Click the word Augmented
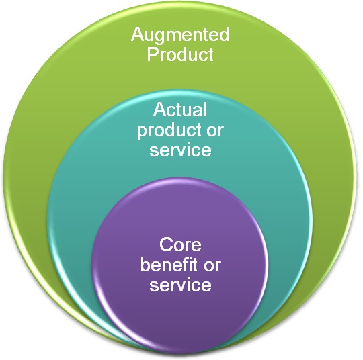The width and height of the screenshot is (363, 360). tap(180, 36)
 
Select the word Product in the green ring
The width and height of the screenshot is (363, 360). tap(180, 54)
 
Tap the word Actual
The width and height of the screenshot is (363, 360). tap(180, 109)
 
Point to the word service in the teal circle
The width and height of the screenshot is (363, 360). tap(180, 150)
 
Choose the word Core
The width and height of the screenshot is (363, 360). tap(180, 244)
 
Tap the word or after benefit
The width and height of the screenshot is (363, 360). tap(212, 266)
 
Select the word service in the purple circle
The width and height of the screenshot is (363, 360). tap(180, 285)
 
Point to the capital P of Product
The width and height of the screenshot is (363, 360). tap(153, 54)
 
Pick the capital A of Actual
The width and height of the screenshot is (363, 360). tap(160, 109)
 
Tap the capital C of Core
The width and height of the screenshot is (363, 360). tap(166, 244)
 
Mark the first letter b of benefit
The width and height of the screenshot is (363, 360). tap(145, 264)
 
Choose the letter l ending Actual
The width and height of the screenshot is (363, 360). tap(205, 109)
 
